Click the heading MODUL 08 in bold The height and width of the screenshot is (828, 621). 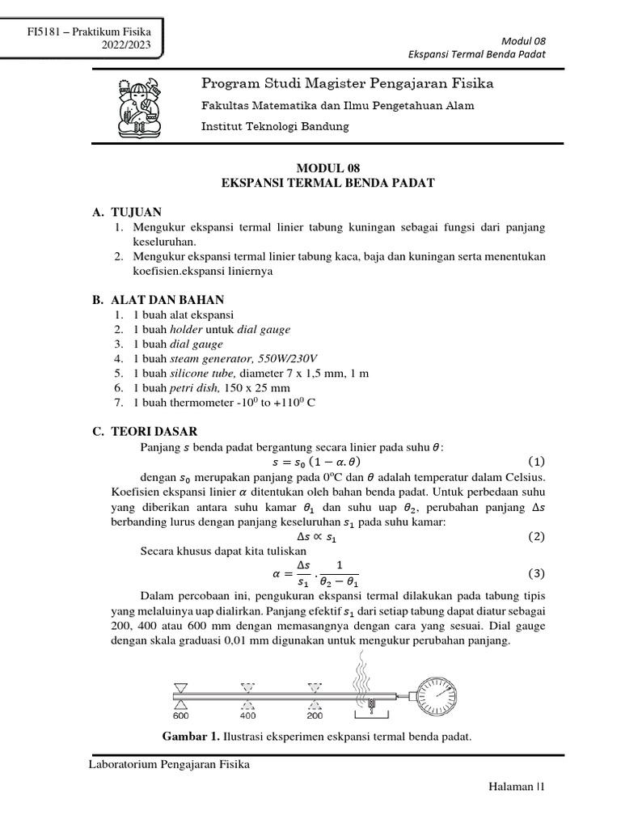327,168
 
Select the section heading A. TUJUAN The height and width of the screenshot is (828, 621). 127,212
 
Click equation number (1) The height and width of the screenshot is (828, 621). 536,462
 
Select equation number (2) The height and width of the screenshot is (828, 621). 536,536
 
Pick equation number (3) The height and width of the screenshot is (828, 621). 536,574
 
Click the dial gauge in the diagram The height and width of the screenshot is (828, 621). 437,694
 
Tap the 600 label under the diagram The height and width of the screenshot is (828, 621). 180,715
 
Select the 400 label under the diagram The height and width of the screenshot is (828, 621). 247,715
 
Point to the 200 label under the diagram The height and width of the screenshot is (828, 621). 315,715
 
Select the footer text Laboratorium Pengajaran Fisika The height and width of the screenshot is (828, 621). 168,765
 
